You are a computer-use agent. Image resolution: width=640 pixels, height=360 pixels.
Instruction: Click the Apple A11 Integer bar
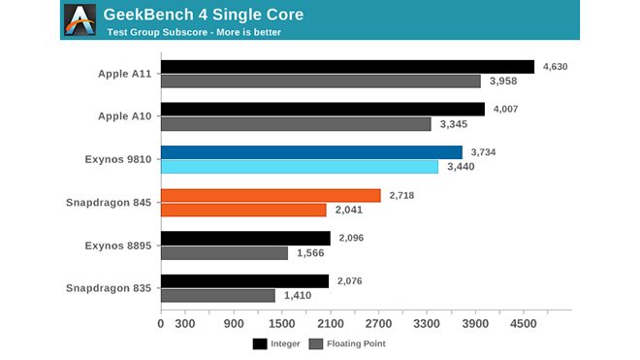tap(347, 67)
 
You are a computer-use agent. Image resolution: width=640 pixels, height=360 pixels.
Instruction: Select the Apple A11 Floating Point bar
tap(320, 82)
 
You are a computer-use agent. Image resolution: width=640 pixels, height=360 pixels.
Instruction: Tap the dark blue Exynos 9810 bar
tap(311, 152)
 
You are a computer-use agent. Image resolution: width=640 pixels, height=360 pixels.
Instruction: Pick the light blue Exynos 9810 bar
tap(299, 167)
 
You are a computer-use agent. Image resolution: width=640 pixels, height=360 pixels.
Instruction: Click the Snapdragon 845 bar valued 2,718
tap(271, 195)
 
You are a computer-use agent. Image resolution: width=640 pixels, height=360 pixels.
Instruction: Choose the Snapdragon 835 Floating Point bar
tap(217, 295)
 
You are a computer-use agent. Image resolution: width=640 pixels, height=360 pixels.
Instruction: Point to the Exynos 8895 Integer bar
tap(245, 238)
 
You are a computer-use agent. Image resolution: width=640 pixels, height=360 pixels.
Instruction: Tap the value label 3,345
tap(456, 124)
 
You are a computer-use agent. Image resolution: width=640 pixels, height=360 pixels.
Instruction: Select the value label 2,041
tap(351, 210)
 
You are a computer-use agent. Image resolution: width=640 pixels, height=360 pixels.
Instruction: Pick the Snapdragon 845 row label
tap(108, 202)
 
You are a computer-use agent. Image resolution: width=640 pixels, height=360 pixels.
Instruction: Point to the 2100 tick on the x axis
tap(330, 324)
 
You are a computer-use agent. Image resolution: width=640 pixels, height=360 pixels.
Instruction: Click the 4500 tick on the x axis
tap(523, 324)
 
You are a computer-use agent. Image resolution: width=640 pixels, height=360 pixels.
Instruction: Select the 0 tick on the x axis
tap(161, 324)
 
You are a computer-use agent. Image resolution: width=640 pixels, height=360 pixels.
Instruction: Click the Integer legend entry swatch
tap(260, 344)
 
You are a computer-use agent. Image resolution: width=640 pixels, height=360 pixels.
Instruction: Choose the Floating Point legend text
tap(357, 344)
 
